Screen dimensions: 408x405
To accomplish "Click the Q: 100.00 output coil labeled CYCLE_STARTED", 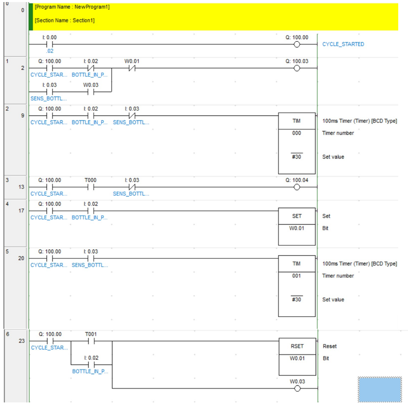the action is [296, 44].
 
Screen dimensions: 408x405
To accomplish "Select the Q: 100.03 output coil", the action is [296, 68].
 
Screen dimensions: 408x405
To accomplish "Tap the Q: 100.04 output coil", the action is [296, 187].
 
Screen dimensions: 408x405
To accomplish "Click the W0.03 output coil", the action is [297, 389].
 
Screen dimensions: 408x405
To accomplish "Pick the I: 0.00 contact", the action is [49, 44].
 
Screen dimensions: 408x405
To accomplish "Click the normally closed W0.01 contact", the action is [132, 68].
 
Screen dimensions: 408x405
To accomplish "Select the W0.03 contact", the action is [90, 92].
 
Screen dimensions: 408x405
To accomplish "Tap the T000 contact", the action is [90, 187].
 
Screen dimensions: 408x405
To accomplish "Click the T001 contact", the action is [91, 341].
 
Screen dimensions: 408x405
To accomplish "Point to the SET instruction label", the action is [296, 216].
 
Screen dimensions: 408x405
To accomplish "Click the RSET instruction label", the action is [297, 346].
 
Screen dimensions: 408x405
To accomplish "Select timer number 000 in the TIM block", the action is [296, 133].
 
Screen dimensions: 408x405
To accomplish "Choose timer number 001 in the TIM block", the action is [296, 276].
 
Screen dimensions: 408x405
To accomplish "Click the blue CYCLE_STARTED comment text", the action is [343, 44].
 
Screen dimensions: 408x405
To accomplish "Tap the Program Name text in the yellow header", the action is [72, 7].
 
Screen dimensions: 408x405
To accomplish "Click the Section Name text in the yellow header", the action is [65, 21].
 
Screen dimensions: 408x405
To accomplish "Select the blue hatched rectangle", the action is [380, 390].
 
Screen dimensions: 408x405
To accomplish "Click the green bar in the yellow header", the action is [31, 17].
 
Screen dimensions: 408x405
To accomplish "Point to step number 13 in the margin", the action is [22, 187].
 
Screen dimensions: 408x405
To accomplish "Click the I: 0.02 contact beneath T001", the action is [91, 365].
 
